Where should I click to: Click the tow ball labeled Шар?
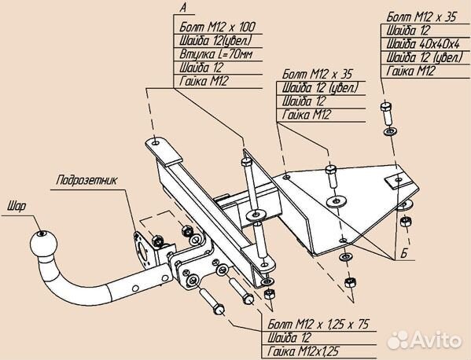(43, 244)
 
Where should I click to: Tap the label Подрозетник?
(87, 181)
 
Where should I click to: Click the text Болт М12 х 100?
(217, 27)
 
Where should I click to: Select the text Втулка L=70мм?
(216, 54)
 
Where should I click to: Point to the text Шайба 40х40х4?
(423, 45)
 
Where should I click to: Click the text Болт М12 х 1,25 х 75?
(318, 324)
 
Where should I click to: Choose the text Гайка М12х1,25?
(303, 351)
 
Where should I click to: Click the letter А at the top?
(183, 8)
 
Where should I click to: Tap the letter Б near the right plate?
(404, 254)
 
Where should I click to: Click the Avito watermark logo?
(424, 340)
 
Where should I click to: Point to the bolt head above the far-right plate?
(386, 106)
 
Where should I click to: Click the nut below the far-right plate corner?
(406, 222)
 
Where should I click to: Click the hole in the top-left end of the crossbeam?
(156, 142)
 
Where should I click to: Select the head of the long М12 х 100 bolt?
(246, 162)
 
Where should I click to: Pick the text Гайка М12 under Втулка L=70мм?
(204, 82)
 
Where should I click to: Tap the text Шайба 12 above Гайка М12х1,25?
(289, 338)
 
